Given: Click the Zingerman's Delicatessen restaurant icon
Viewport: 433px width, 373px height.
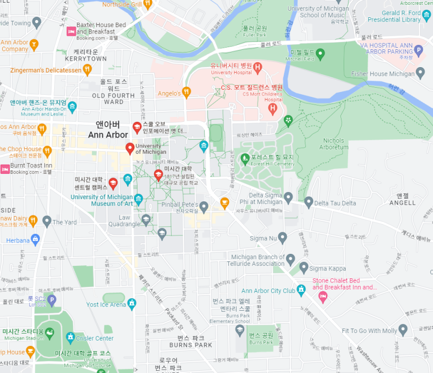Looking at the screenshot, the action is click(x=87, y=70).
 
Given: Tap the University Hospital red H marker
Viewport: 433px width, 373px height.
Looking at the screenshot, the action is click(x=258, y=68).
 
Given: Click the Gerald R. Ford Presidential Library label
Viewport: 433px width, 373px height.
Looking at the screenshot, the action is click(x=394, y=16).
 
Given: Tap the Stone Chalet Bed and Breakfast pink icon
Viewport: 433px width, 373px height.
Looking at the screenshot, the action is click(x=323, y=296).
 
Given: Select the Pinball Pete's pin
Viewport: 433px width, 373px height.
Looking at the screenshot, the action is click(x=204, y=206).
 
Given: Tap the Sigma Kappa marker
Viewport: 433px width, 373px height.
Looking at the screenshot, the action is click(x=304, y=267).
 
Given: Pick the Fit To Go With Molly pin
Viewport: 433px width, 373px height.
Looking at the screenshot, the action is click(x=403, y=330).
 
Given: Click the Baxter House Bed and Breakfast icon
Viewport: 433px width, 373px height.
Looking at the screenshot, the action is click(x=70, y=32).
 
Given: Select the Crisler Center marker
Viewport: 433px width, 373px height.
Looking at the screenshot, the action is click(x=70, y=338).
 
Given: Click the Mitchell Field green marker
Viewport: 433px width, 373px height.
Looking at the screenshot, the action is click(x=320, y=53).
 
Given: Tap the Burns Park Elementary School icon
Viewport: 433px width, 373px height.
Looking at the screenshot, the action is click(x=239, y=330).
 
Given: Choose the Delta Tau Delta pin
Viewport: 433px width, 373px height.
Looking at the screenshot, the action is click(x=309, y=203).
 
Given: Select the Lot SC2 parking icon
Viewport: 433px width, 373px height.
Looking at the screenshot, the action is click(x=52, y=299).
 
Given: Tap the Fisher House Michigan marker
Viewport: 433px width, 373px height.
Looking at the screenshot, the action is click(x=421, y=73).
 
